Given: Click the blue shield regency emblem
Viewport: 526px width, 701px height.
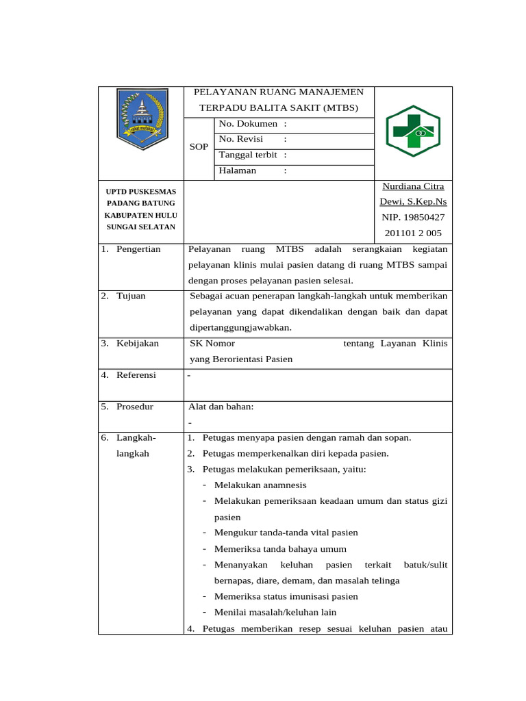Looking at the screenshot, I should tap(141, 119).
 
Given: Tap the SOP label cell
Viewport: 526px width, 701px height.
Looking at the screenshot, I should tap(199, 147).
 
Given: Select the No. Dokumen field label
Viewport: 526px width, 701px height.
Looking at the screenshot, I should tap(248, 124).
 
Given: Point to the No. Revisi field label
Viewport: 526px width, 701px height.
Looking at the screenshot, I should tap(241, 139).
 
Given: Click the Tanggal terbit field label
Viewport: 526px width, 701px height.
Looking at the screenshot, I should tap(248, 155).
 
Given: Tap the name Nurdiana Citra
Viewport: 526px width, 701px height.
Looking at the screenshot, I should tap(413, 186).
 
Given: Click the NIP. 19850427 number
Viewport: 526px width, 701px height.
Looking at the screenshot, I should tap(413, 217).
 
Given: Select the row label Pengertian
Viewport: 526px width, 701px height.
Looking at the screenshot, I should tap(138, 249).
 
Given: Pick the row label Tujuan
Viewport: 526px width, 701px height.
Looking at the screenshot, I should tap(131, 296).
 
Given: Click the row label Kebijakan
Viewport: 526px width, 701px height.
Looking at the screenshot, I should tap(137, 344).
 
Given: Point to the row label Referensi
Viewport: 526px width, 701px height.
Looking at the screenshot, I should tap(136, 375).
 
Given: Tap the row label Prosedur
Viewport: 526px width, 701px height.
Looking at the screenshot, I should tap(135, 407).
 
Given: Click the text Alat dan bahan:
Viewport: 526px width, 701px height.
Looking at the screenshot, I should tap(221, 407).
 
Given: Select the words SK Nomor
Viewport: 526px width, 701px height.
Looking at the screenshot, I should tap(212, 344).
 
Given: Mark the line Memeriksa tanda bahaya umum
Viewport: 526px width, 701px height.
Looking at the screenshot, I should tap(280, 549).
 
